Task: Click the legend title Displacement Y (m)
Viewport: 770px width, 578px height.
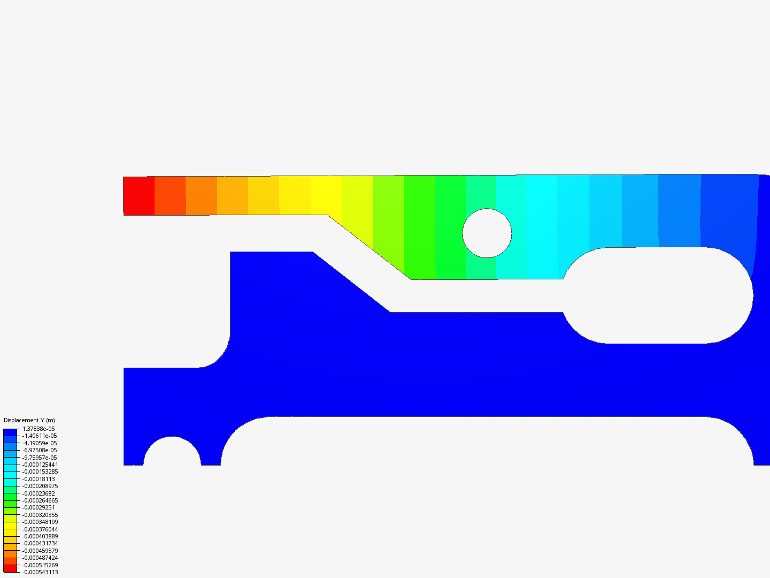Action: [29, 420]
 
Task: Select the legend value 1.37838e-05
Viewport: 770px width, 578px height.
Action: [38, 429]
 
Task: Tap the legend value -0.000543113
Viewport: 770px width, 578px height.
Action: [40, 572]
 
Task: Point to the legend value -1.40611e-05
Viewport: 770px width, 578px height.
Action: [40, 436]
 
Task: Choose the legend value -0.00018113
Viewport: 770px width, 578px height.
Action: [38, 479]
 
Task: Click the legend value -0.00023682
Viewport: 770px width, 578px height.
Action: [38, 493]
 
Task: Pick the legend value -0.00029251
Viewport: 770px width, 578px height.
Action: [38, 507]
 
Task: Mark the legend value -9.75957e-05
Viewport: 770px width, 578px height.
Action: [40, 458]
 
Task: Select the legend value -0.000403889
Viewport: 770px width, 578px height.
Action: [40, 536]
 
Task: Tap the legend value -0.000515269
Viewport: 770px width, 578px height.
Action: [40, 565]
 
